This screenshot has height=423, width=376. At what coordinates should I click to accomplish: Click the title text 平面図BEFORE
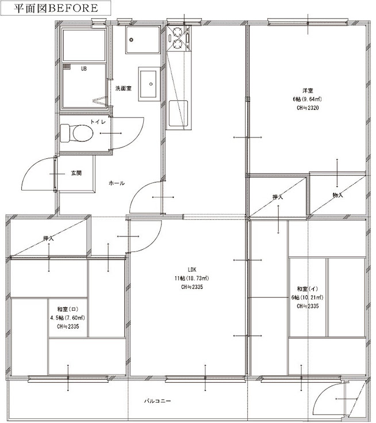tap(56, 9)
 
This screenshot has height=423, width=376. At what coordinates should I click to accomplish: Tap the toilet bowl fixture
tap(76, 133)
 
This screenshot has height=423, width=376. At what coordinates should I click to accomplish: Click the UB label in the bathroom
tap(84, 69)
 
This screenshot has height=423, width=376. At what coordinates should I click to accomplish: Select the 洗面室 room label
tap(124, 88)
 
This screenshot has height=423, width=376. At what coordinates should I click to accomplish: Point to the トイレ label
tap(98, 122)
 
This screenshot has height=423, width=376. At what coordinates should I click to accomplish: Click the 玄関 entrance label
tap(76, 173)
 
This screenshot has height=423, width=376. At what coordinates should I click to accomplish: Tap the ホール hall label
tap(117, 183)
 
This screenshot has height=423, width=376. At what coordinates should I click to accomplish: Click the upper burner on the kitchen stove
tap(178, 32)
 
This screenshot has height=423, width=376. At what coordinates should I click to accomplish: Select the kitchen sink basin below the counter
tap(178, 113)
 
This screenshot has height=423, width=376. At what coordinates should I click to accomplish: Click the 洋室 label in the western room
tap(308, 91)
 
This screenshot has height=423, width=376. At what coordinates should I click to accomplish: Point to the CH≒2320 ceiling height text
tap(308, 108)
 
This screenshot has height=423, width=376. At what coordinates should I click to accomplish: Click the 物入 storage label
tap(337, 195)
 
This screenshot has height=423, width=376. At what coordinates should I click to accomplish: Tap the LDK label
tap(192, 269)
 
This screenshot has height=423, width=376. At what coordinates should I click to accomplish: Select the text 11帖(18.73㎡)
tap(192, 278)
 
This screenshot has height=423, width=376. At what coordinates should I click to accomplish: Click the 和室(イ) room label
tap(308, 289)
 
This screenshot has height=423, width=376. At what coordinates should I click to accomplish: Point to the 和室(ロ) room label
tap(68, 309)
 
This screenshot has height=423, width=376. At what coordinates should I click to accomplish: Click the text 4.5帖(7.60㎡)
tap(68, 318)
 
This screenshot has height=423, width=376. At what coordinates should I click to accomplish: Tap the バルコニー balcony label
tap(158, 401)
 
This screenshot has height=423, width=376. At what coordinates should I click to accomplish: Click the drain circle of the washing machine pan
tap(131, 40)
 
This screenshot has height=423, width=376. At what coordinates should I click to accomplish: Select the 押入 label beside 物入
tap(278, 197)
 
